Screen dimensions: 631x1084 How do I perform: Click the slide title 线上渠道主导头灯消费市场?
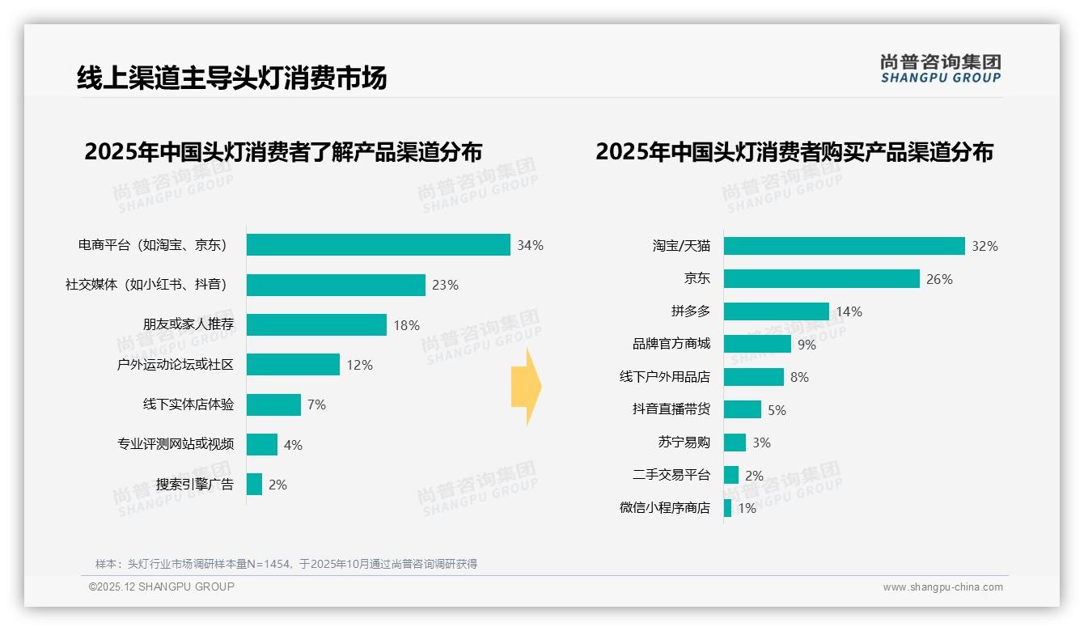(231, 78)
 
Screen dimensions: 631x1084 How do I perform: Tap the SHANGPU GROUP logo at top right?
(940, 69)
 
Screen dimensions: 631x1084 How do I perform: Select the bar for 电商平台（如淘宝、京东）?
(378, 245)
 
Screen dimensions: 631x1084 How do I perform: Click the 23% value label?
(445, 285)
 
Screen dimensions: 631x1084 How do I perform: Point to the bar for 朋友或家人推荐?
(316, 324)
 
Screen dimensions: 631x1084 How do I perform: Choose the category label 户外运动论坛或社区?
(175, 365)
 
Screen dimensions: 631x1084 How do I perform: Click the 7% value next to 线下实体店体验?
(316, 404)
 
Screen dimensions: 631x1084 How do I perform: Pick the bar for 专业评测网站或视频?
(262, 444)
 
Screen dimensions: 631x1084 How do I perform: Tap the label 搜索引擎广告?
(194, 485)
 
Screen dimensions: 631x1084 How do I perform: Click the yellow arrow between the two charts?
(527, 387)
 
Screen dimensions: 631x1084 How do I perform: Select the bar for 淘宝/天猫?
(844, 246)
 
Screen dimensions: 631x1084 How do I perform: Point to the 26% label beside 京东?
(939, 279)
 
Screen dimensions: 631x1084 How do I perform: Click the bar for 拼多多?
(776, 311)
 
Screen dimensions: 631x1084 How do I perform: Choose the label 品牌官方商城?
(671, 344)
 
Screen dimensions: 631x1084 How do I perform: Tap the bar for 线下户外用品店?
(753, 377)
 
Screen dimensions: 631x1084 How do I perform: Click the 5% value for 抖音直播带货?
(777, 410)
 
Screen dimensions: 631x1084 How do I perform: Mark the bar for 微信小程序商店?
(728, 508)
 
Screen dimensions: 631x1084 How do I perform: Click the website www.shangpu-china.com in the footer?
(942, 587)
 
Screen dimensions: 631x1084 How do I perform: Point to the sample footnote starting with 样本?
(286, 564)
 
